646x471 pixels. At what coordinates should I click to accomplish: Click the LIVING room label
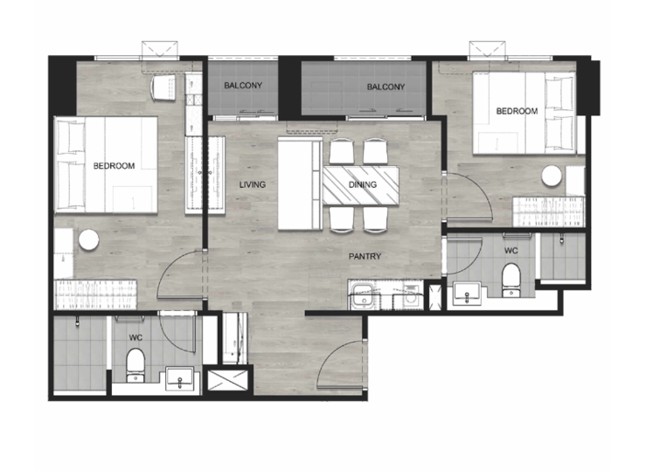(x=252, y=185)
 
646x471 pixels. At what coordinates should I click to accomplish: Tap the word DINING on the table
(x=363, y=184)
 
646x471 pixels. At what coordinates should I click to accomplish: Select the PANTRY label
(x=365, y=257)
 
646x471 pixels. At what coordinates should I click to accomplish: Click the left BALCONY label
(x=243, y=86)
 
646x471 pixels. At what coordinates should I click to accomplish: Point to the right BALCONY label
(x=386, y=87)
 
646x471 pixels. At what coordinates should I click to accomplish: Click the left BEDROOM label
(x=114, y=166)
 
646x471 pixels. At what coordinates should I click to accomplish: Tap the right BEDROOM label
(x=517, y=111)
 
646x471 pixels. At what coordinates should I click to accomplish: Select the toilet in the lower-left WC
(x=135, y=365)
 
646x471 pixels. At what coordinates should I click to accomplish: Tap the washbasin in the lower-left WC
(x=179, y=378)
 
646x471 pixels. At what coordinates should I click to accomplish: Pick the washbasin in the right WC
(x=467, y=294)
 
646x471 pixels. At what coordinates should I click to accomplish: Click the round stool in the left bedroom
(x=88, y=240)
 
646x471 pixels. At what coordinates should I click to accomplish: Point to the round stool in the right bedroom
(x=552, y=176)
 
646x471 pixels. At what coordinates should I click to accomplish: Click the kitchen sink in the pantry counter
(x=362, y=294)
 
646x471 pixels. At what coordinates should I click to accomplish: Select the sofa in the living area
(x=300, y=184)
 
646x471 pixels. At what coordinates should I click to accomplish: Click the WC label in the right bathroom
(x=511, y=251)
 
